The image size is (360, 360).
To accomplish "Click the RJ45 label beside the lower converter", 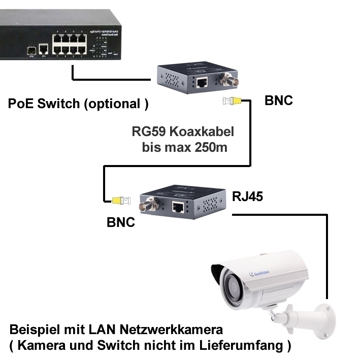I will [x=247, y=197].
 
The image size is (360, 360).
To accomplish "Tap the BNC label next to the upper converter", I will [x=279, y=100].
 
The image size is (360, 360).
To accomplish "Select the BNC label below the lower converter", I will [x=121, y=222].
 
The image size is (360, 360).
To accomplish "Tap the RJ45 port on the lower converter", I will [x=179, y=207].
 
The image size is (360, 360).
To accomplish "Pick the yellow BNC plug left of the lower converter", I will [x=120, y=201].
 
